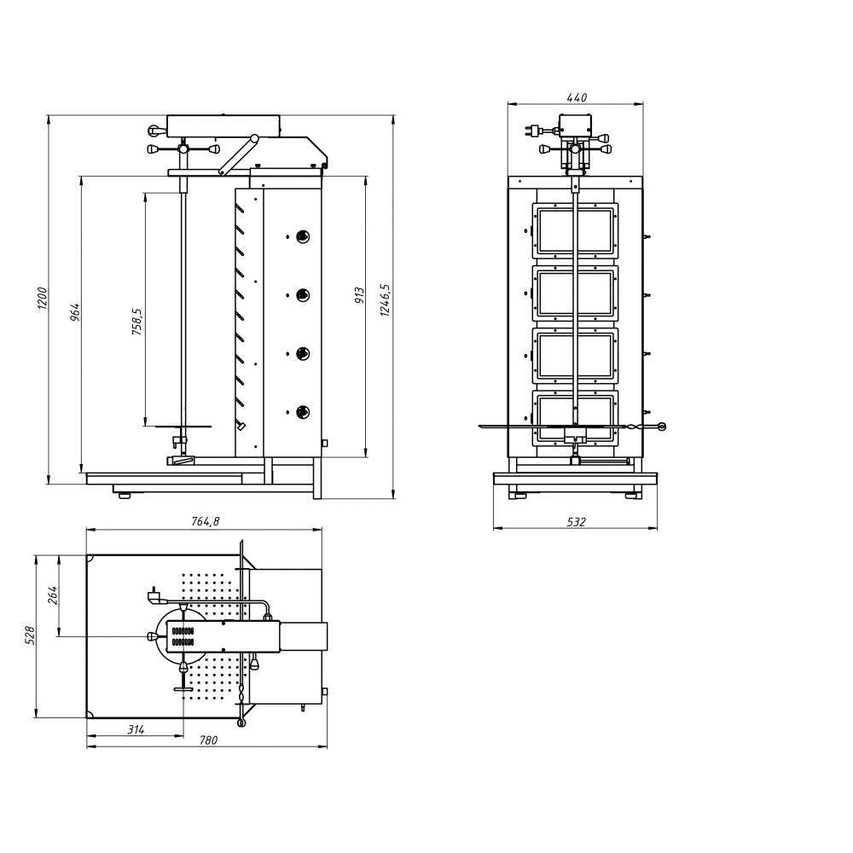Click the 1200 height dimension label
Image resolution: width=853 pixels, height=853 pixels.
click(x=43, y=299)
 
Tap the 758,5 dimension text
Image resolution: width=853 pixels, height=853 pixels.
click(x=137, y=321)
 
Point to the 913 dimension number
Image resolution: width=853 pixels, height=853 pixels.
click(x=359, y=295)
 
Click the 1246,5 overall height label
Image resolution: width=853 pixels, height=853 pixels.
click(x=386, y=299)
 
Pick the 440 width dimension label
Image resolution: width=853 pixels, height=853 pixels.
click(x=577, y=97)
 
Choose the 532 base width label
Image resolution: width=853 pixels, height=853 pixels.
click(x=576, y=522)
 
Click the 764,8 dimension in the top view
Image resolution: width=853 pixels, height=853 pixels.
click(x=205, y=521)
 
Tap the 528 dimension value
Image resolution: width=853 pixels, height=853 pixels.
click(x=30, y=635)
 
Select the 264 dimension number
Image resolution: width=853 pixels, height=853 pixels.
click(x=52, y=595)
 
